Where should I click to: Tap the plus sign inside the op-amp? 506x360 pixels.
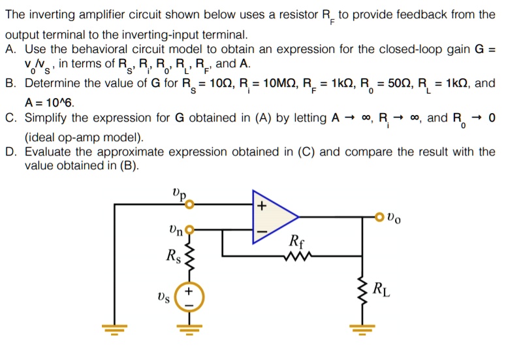pos(261,207)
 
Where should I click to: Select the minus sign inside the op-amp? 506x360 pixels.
pos(261,231)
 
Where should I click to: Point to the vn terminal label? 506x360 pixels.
pos(176,229)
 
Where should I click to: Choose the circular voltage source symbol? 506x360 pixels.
pos(190,298)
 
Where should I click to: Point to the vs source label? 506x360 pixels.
pos(166,298)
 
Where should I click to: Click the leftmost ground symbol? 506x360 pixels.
pos(116,329)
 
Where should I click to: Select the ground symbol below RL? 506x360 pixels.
pos(360,329)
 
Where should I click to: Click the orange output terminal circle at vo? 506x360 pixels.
pos(379,217)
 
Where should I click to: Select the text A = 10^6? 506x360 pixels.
pos(50,102)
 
